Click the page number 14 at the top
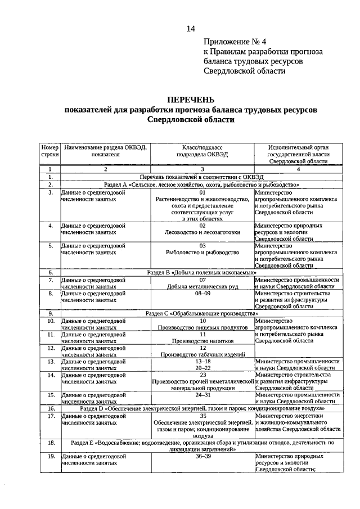(191, 29)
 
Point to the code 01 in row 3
(202, 192)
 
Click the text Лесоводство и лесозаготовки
(202, 232)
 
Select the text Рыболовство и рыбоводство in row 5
(202, 252)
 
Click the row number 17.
(50, 416)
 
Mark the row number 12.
(50, 348)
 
